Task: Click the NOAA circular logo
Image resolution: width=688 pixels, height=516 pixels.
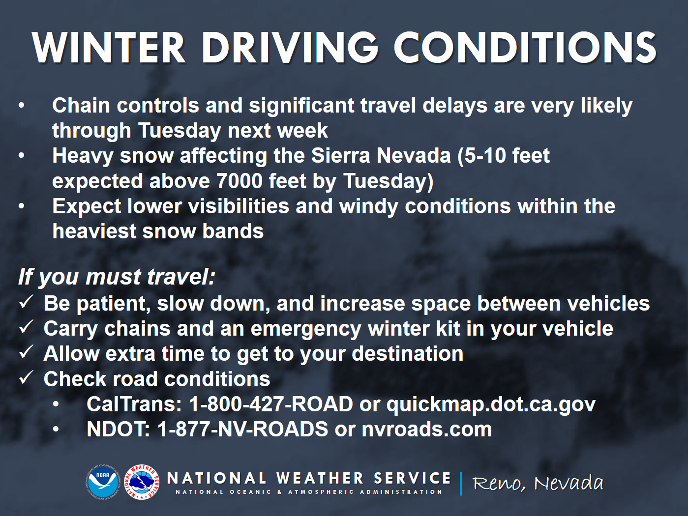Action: click(103, 482)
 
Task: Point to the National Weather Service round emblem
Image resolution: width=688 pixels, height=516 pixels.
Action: click(142, 482)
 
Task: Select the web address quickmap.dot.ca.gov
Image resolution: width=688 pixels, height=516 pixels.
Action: click(491, 405)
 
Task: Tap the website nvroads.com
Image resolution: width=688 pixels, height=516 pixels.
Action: click(426, 429)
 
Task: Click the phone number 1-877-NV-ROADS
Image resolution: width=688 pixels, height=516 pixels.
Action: click(242, 429)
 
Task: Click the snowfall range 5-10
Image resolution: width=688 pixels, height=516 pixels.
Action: click(485, 156)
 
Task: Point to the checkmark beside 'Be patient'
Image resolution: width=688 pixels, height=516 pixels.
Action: click(27, 302)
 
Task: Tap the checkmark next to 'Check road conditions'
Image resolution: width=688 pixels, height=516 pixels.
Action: click(27, 377)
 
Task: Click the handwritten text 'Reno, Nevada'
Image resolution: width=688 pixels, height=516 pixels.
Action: click(538, 484)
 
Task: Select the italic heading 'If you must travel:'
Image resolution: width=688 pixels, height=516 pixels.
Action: click(117, 277)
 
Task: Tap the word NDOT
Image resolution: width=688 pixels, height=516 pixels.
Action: click(119, 429)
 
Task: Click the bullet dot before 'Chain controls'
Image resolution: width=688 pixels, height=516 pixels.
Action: click(21, 105)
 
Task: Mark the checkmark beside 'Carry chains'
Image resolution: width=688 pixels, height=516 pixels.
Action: click(27, 327)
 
